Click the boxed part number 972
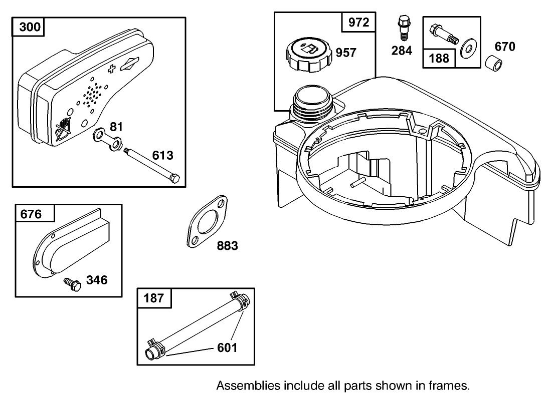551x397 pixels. click(358, 23)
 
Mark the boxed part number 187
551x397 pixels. click(154, 298)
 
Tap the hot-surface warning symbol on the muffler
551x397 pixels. click(62, 129)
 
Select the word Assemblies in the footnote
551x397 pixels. click(248, 386)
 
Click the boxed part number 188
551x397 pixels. click(439, 58)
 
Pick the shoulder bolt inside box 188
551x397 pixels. click(443, 34)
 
